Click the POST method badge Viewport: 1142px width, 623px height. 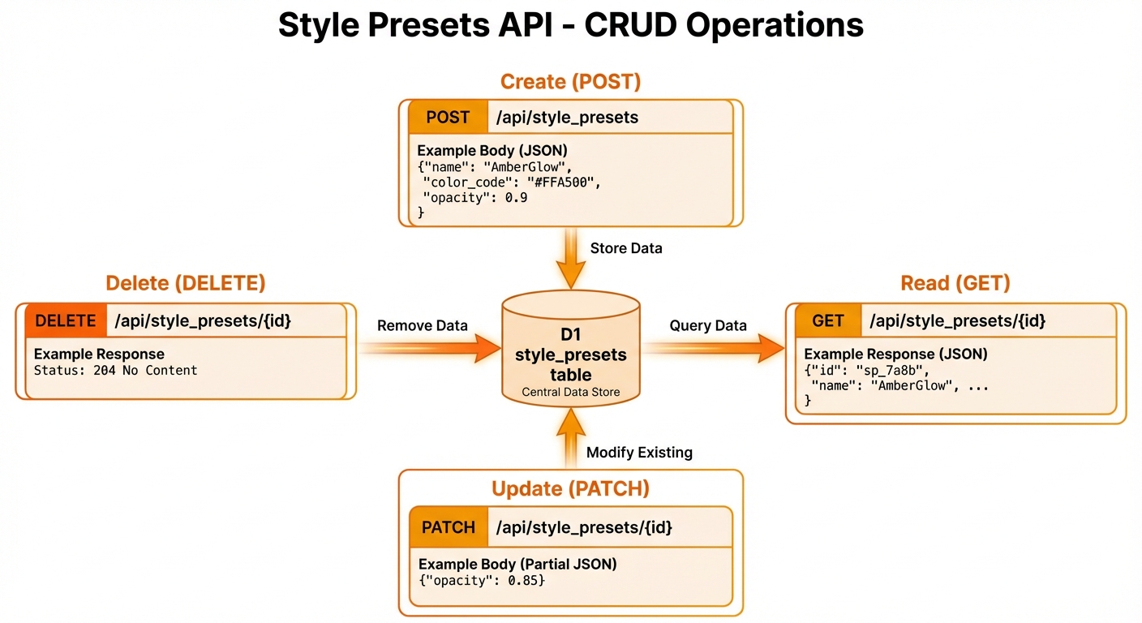tap(449, 118)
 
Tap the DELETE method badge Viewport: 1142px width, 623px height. tap(66, 320)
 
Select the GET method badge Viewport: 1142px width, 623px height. tap(828, 320)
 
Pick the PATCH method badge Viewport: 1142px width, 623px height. tap(449, 527)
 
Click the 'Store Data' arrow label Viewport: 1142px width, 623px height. tap(626, 248)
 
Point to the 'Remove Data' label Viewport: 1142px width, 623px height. tap(422, 325)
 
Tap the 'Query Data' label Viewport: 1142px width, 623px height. tap(707, 325)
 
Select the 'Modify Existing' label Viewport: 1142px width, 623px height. tap(639, 452)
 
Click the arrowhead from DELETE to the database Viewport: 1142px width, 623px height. tap(487, 348)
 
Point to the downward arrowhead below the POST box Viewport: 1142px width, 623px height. tap(571, 275)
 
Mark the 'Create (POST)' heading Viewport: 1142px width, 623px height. tap(570, 82)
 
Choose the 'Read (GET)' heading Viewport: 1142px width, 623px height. tap(955, 283)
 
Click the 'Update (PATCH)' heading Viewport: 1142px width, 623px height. tap(570, 488)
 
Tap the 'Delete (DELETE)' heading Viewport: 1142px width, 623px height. tap(186, 283)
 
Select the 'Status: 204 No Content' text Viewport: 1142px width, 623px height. tap(116, 370)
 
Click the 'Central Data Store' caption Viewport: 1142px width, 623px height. tap(571, 392)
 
